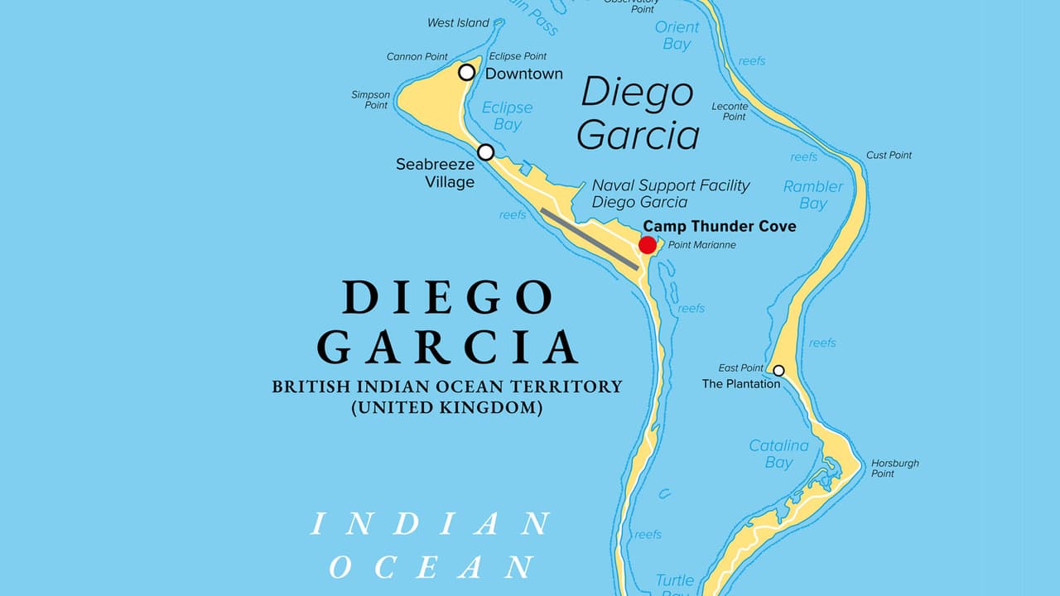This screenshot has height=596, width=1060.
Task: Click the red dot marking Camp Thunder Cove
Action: coord(648,244)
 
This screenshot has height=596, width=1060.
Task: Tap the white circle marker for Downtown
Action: coord(467,72)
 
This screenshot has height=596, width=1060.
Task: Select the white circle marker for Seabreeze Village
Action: coord(486,152)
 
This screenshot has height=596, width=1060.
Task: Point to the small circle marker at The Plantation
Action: coord(778,370)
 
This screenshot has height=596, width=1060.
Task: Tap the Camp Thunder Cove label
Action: coord(719,226)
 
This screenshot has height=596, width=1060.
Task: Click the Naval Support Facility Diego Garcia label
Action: coord(670,194)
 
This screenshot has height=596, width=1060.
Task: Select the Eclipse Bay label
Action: coord(507,116)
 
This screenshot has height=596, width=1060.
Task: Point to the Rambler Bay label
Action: coord(812,195)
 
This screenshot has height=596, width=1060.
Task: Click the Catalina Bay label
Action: coord(778,454)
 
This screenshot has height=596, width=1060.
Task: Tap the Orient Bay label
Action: coord(677,36)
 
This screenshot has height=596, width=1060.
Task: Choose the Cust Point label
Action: coord(889,156)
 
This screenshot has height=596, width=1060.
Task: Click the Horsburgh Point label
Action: coord(894,469)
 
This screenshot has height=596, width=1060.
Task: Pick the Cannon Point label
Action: coord(417,57)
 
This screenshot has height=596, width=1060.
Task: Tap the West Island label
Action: coord(458,23)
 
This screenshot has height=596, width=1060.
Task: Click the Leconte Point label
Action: coord(730,111)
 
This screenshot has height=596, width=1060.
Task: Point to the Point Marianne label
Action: coord(701,245)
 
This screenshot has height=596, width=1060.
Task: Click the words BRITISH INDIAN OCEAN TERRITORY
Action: coord(446,387)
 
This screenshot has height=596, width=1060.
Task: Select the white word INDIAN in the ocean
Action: coord(431,524)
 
